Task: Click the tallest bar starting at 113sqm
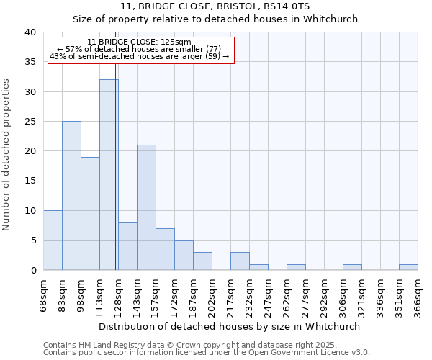(x=109, y=175)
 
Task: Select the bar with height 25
(x=71, y=196)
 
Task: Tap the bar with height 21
(x=146, y=207)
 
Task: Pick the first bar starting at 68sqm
(x=53, y=240)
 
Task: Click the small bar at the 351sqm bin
(x=408, y=267)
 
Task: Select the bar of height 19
(x=90, y=214)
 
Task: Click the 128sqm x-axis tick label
(x=118, y=292)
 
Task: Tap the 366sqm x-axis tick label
(x=418, y=292)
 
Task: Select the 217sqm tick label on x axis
(x=230, y=292)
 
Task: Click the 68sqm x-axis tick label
(x=43, y=292)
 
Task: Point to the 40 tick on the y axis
(x=30, y=32)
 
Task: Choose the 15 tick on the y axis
(x=30, y=181)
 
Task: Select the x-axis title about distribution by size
(x=230, y=326)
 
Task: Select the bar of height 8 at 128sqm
(x=127, y=246)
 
